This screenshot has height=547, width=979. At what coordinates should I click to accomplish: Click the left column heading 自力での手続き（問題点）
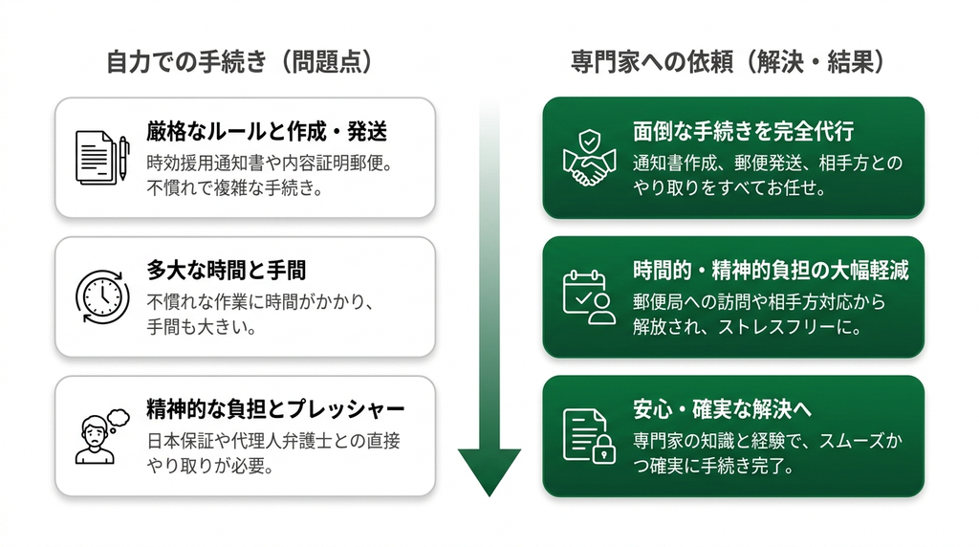click(240, 62)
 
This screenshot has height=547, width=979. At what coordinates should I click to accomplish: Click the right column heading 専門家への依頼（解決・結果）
click(728, 62)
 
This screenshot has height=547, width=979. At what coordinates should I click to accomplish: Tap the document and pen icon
click(102, 158)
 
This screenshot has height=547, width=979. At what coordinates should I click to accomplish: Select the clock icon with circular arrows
click(102, 296)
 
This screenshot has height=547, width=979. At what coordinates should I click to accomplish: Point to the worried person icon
click(101, 436)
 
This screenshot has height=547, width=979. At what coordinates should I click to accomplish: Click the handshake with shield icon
click(589, 158)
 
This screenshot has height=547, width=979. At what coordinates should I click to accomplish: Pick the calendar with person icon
click(589, 297)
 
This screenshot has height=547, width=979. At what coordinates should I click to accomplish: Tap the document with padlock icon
click(589, 436)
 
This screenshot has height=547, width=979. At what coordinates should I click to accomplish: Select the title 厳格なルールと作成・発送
click(267, 132)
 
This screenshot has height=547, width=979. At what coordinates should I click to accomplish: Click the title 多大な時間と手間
click(226, 271)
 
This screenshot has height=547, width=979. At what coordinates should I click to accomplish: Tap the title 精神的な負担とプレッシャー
click(275, 409)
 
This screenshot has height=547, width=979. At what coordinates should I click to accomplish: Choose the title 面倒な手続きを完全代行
click(743, 132)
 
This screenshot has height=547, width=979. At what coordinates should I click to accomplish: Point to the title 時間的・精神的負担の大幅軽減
click(771, 271)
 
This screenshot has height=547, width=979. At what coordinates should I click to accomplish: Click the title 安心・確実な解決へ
click(723, 409)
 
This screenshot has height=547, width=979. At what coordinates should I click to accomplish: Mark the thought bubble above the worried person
click(118, 418)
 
